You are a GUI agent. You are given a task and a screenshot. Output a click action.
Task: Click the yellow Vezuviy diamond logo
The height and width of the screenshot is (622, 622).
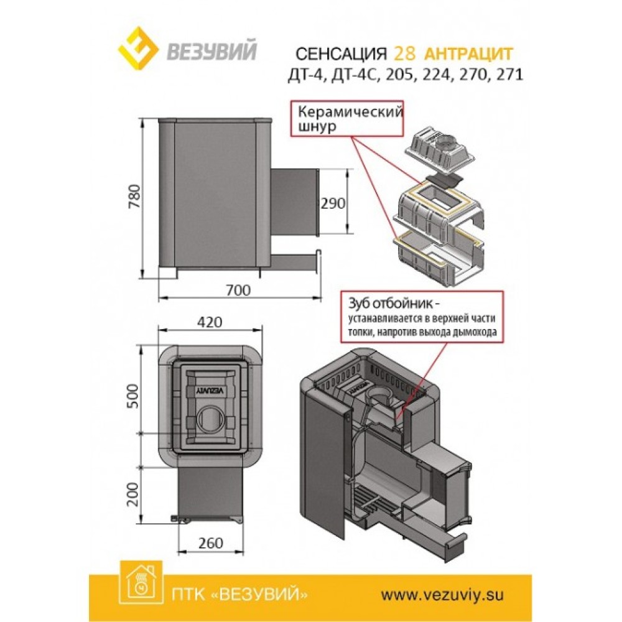(139, 50)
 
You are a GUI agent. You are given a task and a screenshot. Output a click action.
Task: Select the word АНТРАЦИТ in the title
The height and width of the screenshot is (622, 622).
(468, 53)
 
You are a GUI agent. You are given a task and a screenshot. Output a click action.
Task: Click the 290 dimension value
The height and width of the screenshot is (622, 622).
(333, 203)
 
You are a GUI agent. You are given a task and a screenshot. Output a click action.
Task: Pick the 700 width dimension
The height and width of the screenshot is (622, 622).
(238, 290)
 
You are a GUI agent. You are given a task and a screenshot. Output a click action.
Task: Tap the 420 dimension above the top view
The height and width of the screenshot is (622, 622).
(210, 322)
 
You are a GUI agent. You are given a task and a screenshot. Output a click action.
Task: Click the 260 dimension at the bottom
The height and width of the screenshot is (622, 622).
(210, 542)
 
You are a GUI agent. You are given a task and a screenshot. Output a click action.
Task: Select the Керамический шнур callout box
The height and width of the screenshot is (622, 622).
(347, 119)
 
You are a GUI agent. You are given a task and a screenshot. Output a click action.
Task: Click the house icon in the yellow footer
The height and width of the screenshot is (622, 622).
(141, 584)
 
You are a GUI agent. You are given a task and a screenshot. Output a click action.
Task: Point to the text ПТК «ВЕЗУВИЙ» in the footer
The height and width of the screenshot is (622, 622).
(240, 594)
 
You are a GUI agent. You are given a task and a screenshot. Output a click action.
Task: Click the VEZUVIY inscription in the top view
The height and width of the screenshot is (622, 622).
(210, 390)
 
